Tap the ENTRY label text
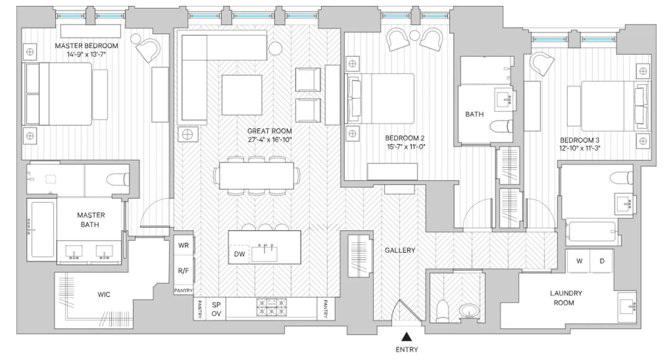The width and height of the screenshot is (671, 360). point(406,350)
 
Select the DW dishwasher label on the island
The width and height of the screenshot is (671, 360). point(239,254)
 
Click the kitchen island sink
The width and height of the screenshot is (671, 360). point(264,253)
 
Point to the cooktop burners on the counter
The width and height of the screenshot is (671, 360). point(271,307)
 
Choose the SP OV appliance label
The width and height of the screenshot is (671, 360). point(216,309)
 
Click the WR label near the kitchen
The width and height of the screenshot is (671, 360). point(183,245)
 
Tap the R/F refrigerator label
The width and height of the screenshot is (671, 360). point(183,271)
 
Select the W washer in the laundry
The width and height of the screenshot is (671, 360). point(579,261)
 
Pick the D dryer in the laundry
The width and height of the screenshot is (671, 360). point(601,261)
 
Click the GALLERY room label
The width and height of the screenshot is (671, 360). point(400,250)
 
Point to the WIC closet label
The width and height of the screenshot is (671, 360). point(104,295)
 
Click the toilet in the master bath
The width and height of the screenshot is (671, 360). point(118,180)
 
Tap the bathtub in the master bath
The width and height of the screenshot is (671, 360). point(42,230)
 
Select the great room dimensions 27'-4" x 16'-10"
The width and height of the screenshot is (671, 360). point(270,140)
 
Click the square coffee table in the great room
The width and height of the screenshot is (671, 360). point(242,95)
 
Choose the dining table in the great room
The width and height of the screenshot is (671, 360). point(256,176)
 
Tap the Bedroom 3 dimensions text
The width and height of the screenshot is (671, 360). point(580,148)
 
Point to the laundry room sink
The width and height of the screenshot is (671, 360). point(627,306)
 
